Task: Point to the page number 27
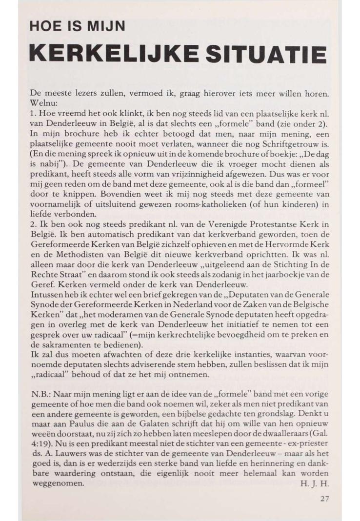325,499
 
